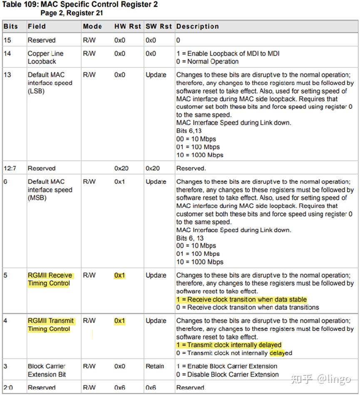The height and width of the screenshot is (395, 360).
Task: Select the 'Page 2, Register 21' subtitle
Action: click(x=72, y=13)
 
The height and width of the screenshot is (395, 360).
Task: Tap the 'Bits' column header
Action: click(x=11, y=26)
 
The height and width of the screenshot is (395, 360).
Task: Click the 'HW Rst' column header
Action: click(x=128, y=26)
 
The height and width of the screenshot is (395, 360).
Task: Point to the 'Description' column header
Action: click(x=197, y=26)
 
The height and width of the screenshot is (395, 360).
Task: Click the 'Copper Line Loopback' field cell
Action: click(x=45, y=57)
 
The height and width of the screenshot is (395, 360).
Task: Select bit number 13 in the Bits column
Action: click(x=7, y=75)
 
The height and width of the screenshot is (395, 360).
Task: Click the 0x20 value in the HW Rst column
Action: click(x=121, y=169)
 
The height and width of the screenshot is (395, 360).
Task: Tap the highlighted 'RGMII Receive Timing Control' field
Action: click(x=50, y=279)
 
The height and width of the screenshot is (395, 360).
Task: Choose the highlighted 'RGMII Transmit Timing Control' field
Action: click(x=50, y=325)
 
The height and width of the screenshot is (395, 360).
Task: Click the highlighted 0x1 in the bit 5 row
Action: click(x=119, y=276)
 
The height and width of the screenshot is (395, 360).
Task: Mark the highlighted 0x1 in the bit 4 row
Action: click(x=119, y=321)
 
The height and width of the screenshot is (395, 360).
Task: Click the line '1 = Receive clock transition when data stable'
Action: click(x=241, y=300)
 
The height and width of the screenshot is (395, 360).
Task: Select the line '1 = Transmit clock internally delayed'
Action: click(x=229, y=345)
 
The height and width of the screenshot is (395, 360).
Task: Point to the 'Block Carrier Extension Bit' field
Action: click(x=47, y=370)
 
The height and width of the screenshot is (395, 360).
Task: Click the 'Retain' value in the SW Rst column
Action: click(x=155, y=367)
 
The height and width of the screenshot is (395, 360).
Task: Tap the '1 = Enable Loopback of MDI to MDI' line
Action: click(x=228, y=54)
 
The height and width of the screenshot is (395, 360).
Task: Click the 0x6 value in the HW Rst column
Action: click(x=119, y=388)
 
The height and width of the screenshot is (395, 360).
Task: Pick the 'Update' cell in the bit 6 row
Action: click(x=156, y=182)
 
